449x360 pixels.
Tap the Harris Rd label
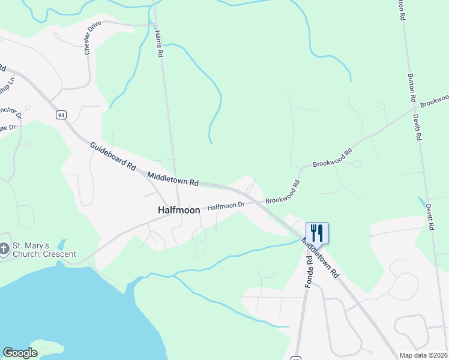point(159,44)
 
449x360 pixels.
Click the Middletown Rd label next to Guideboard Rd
point(173,179)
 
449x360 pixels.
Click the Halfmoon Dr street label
point(226,206)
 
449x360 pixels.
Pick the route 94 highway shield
point(61,114)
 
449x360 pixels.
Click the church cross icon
point(4,249)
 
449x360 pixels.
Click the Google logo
point(20,353)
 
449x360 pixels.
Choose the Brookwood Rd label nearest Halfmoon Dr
point(283,193)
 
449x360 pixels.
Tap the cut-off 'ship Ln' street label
point(7,84)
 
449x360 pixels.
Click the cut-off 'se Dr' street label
point(7,127)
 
